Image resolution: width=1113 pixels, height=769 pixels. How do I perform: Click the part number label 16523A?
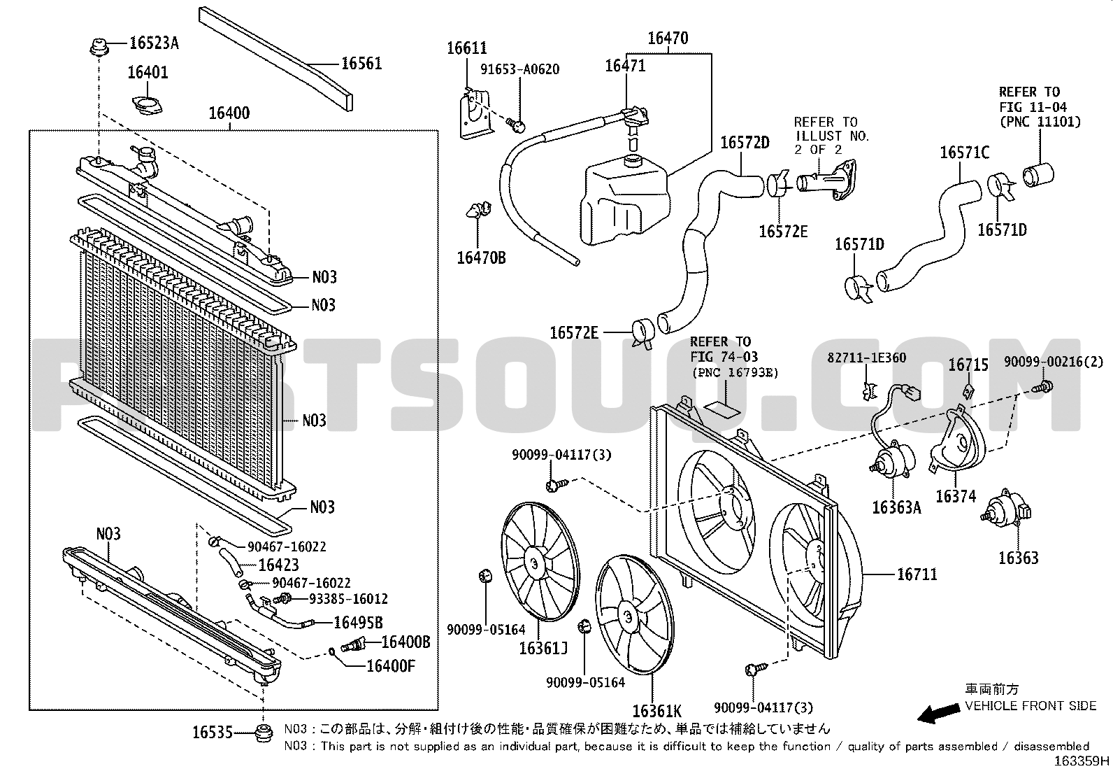tap(154, 43)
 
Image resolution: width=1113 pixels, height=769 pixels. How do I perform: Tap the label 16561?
tap(361, 64)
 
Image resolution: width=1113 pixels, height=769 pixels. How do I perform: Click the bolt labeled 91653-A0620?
tap(517, 125)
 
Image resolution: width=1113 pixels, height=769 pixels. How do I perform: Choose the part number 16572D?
tap(745, 143)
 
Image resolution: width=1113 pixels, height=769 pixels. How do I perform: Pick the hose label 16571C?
tap(964, 153)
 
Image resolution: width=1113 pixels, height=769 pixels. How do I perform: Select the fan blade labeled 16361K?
tap(635, 615)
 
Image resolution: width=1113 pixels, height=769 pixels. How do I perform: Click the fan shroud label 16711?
tap(917, 574)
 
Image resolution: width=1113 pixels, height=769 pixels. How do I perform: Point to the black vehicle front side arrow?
tap(938, 714)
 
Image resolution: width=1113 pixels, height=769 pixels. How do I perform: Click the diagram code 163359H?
tap(1082, 761)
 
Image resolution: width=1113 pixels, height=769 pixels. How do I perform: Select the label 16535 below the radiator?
tap(212, 732)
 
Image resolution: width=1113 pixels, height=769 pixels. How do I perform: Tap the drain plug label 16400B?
tap(405, 642)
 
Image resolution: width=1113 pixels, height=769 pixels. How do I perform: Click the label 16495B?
tap(358, 622)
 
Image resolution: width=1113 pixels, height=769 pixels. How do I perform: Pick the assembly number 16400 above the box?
tap(229, 113)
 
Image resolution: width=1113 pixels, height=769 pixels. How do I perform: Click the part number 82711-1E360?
tap(866, 358)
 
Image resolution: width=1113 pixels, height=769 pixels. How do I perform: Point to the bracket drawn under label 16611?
tap(475, 114)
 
